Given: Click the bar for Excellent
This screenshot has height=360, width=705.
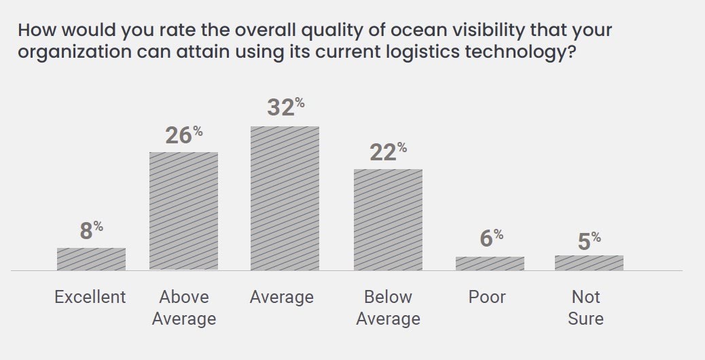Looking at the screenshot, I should tap(91, 259).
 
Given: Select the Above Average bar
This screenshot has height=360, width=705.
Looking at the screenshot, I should tap(183, 211).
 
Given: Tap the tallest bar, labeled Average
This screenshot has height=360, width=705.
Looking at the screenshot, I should tap(285, 198).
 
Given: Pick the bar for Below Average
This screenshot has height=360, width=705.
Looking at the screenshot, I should tap(388, 219).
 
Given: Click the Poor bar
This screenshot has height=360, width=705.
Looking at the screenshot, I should tap(490, 264).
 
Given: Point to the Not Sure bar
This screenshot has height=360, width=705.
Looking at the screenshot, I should tap(589, 263).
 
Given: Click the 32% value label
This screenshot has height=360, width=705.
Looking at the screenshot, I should tap(285, 108).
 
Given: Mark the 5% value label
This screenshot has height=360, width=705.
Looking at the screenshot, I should tap(589, 241).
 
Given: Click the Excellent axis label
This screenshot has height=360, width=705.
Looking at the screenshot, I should tap(90, 297).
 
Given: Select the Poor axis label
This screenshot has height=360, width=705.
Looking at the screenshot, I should tap(487, 297).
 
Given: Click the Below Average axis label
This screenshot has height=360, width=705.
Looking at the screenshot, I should tap(388, 308).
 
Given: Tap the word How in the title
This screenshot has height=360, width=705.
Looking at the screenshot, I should tap(33, 31).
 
